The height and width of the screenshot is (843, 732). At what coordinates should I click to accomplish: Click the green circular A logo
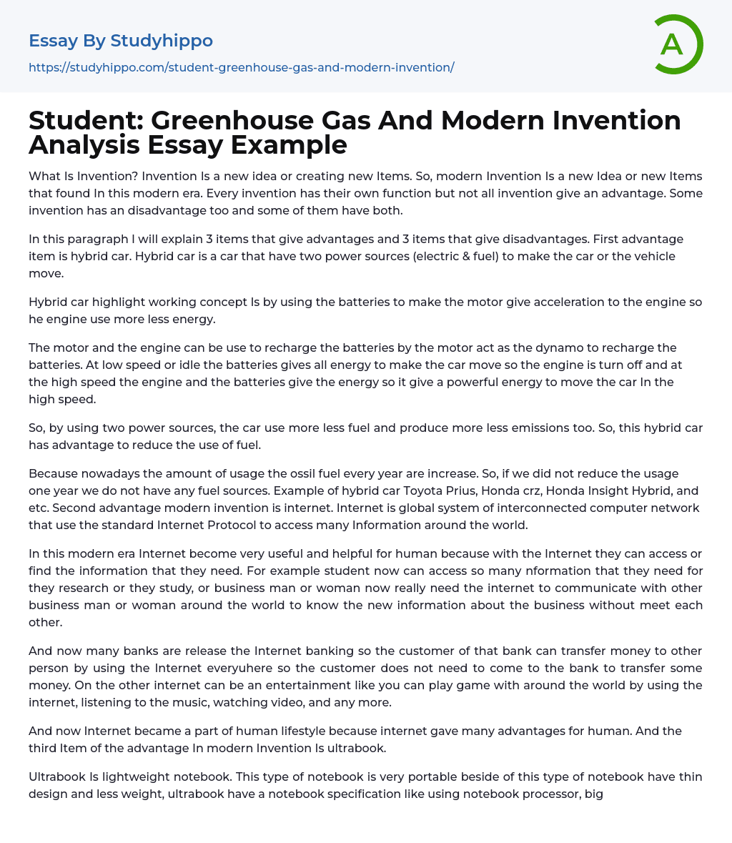point(678,44)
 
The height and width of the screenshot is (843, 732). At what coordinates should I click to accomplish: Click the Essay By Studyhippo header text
point(121,41)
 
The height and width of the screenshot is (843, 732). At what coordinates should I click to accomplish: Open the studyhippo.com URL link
point(242,67)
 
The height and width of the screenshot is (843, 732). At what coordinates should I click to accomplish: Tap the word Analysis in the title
point(84,145)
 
